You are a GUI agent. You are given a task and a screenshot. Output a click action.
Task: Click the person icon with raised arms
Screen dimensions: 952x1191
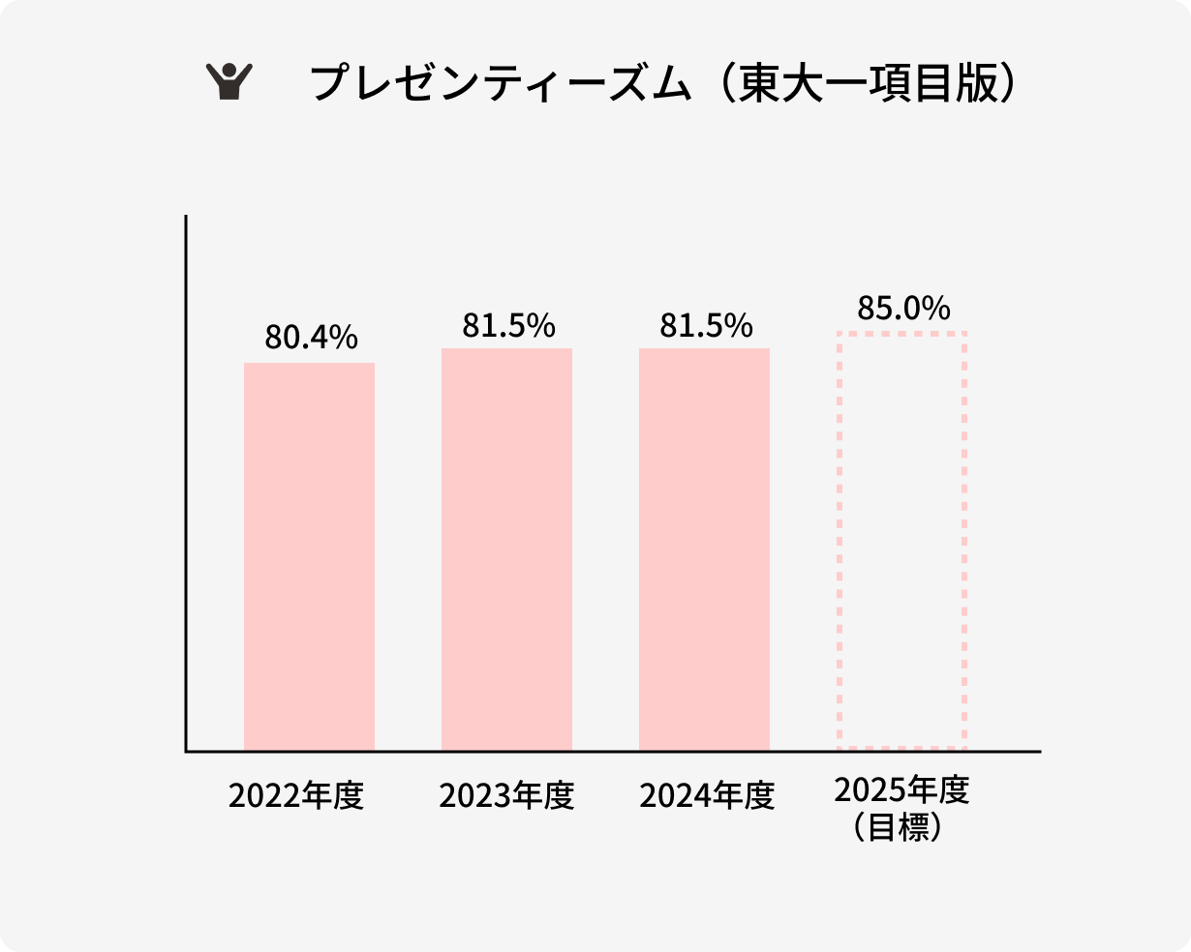pyautogui.click(x=229, y=82)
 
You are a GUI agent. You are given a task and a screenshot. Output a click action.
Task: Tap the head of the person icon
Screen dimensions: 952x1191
pyautogui.click(x=229, y=70)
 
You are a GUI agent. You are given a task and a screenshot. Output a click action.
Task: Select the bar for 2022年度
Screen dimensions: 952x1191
pyautogui.click(x=309, y=556)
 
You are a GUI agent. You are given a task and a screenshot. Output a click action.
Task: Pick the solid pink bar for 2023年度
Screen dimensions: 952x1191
pyautogui.click(x=506, y=549)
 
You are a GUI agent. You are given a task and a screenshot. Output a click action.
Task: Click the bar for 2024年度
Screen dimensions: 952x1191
pyautogui.click(x=704, y=549)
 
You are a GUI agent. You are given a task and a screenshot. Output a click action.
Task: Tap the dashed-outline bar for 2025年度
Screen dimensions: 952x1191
pyautogui.click(x=901, y=540)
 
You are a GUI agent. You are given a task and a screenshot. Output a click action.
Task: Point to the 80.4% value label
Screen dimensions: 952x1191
pyautogui.click(x=311, y=338)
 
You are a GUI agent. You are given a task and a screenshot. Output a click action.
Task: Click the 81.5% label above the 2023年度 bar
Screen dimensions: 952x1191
pyautogui.click(x=508, y=326)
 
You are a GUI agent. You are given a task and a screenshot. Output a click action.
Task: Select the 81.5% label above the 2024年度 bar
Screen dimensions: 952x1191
pyautogui.click(x=706, y=326)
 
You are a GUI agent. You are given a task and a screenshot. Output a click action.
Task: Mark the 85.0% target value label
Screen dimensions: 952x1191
pyautogui.click(x=903, y=309)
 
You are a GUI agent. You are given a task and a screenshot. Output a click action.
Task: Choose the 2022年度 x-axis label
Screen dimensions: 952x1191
pyautogui.click(x=296, y=796)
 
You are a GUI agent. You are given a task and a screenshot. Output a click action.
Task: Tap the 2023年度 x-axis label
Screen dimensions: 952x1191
pyautogui.click(x=506, y=796)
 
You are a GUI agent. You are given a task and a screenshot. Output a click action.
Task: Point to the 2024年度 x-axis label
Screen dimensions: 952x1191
pyautogui.click(x=707, y=796)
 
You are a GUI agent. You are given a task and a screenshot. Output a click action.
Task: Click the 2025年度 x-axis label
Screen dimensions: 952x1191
pyautogui.click(x=901, y=789)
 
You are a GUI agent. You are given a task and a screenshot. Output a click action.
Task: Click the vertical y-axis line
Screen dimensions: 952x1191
pyautogui.click(x=185, y=484)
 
